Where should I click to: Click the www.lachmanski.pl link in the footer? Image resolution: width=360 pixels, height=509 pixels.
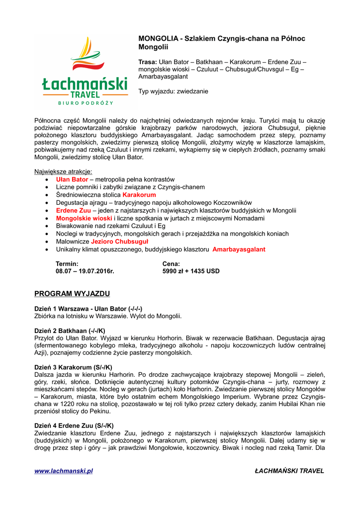tap(64, 471)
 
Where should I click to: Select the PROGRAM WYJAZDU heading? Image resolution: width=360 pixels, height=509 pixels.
tap(72, 293)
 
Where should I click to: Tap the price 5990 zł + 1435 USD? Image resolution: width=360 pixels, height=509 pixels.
tap(191, 271)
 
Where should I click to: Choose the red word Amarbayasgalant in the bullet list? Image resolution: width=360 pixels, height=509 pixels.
tap(239, 249)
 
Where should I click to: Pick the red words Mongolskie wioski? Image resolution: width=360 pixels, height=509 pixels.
tap(84, 218)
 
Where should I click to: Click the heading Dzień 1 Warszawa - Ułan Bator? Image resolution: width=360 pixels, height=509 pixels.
tap(88, 308)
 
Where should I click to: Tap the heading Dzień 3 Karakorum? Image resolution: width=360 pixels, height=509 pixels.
tap(73, 367)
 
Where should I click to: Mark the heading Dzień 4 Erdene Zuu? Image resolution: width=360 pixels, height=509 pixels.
tap(74, 425)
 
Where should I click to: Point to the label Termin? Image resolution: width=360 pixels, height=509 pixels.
tap(67, 263)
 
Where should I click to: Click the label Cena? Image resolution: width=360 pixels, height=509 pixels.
tap(171, 263)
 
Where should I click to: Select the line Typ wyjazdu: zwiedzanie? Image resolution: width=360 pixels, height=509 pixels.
tap(173, 91)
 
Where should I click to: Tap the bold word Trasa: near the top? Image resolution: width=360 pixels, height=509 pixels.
tap(147, 62)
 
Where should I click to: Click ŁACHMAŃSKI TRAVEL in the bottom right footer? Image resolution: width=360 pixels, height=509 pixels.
tap(289, 471)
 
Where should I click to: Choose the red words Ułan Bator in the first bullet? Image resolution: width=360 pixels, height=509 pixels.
tap(72, 179)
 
